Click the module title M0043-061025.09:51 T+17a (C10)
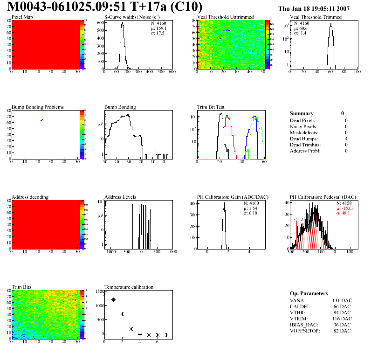[105, 7]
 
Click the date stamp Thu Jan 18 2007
[314, 8]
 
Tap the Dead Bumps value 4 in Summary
[346, 138]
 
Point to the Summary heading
[302, 113]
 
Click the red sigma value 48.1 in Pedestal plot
[345, 213]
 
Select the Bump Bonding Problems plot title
[38, 107]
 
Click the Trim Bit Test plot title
[211, 107]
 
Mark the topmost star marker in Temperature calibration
[104, 294]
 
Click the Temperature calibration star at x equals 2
[122, 314]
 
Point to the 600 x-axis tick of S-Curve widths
[172, 72]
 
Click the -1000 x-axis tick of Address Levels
[111, 252]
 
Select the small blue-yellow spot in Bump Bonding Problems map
[42, 120]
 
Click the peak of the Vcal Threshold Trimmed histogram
[330, 25]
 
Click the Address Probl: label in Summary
[305, 151]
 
